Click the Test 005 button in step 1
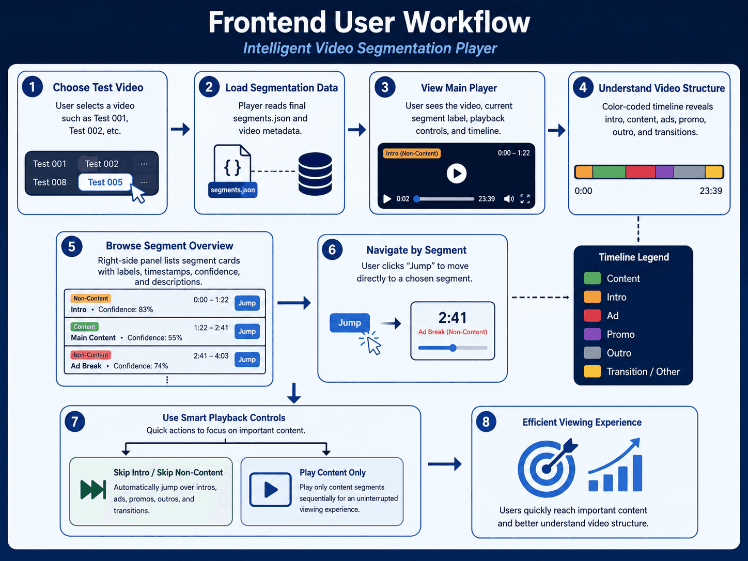pos(105,182)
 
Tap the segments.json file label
pos(233,190)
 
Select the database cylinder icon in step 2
pos(315,174)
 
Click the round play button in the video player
pos(457,174)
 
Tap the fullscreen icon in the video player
pos(525,198)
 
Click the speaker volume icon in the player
pos(509,198)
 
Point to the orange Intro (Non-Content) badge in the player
pos(412,153)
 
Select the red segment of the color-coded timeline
pos(641,172)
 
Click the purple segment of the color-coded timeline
pos(664,172)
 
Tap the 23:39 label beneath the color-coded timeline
pos(711,191)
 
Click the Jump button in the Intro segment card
pos(247,303)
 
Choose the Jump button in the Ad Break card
pos(247,360)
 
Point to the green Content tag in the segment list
pos(85,326)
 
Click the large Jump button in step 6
pos(350,322)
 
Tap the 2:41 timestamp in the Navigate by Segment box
pos(453,318)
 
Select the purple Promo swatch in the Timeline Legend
pos(593,334)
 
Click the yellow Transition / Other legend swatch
pos(593,371)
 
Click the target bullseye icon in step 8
pos(547,469)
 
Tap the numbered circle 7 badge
pos(74,422)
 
